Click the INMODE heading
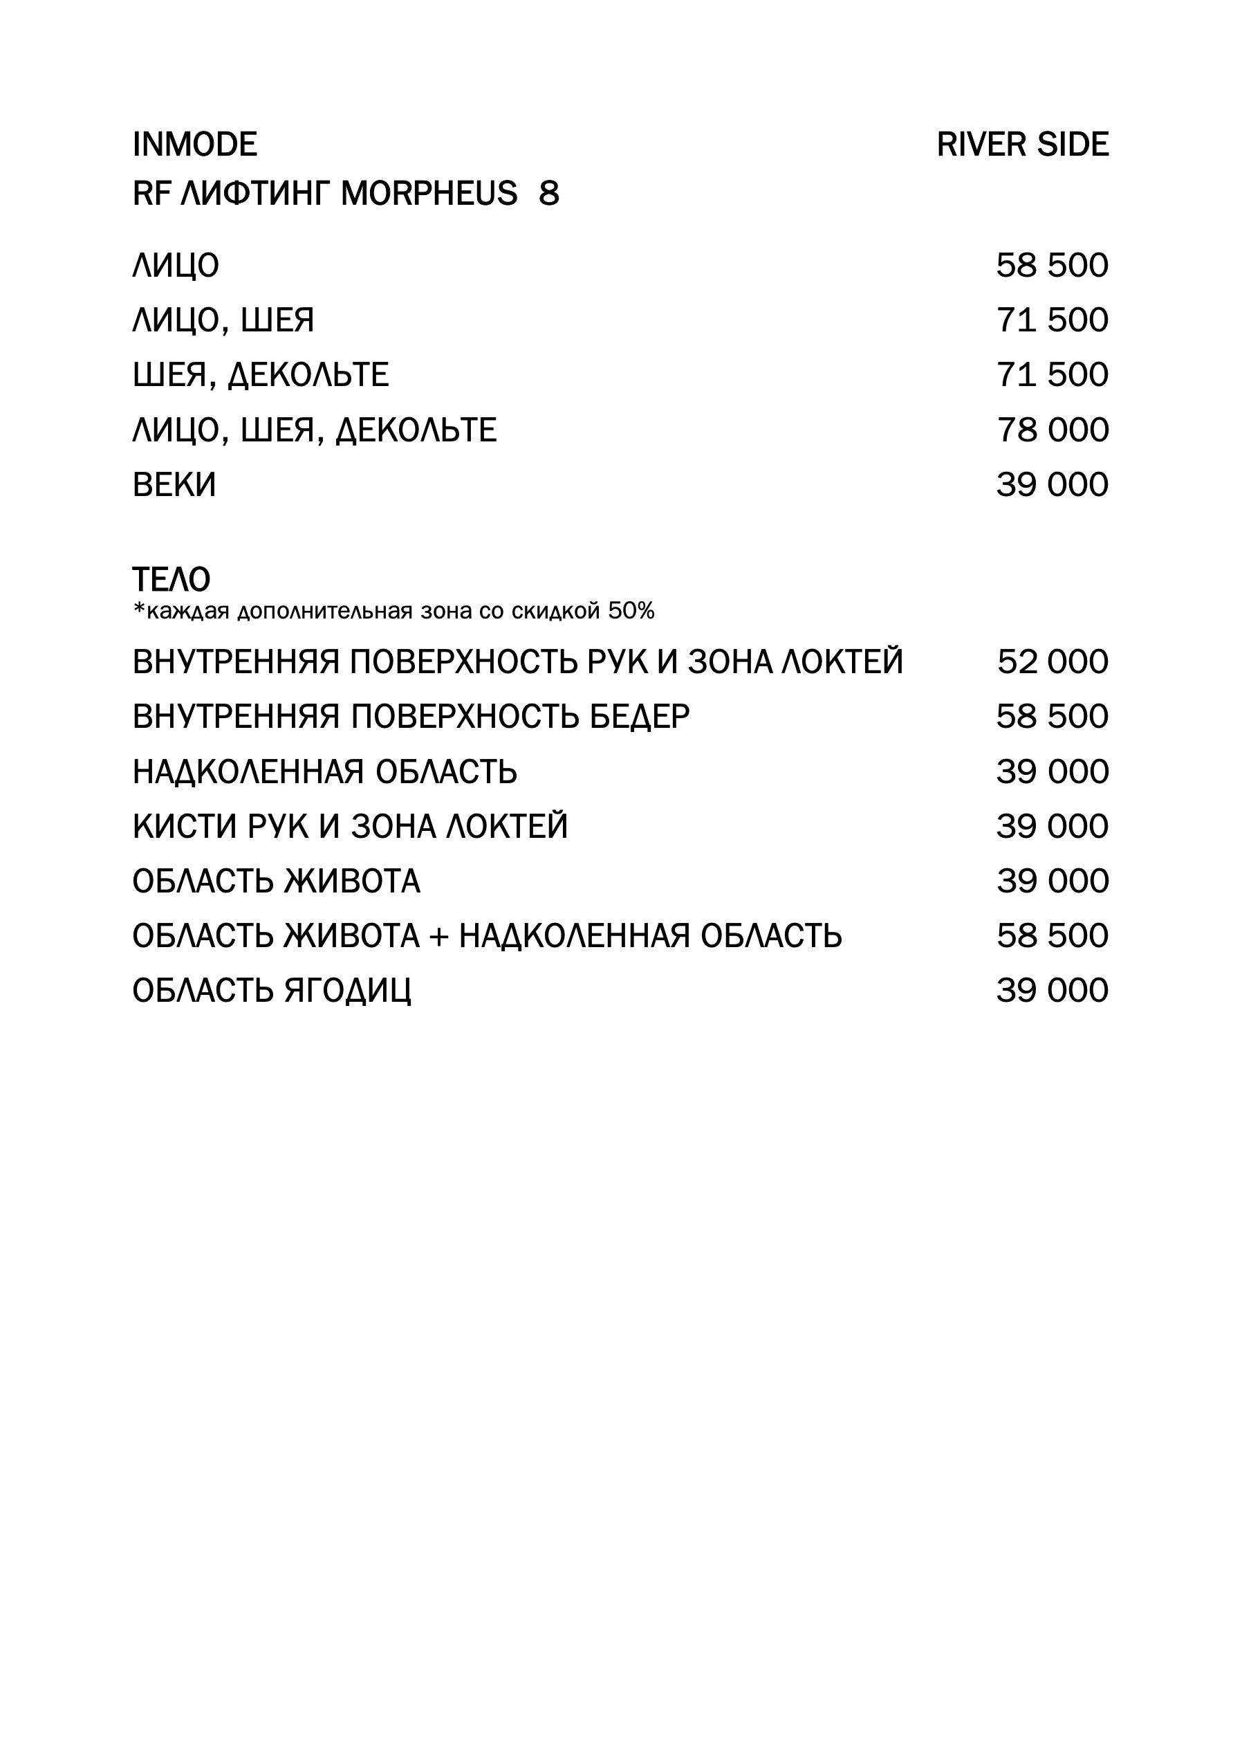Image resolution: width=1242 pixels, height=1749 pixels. pyautogui.click(x=194, y=145)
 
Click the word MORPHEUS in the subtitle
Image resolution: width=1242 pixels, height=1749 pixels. pyautogui.click(x=428, y=194)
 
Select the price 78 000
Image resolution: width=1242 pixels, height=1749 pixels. pyautogui.click(x=1052, y=430)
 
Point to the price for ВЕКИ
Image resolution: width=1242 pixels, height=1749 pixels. pyautogui.click(x=1052, y=485)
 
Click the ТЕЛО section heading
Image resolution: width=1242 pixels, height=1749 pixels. pyautogui.click(x=172, y=580)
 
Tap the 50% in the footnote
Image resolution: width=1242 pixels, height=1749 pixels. pyautogui.click(x=631, y=612)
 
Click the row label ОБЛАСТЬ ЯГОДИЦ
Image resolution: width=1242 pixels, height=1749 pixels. pyautogui.click(x=272, y=991)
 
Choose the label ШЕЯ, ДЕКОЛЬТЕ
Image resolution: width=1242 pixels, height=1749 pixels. pyautogui.click(x=260, y=375)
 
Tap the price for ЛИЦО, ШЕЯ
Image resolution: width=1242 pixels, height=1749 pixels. pyautogui.click(x=1052, y=320)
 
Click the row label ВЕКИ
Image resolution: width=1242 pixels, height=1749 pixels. pyautogui.click(x=174, y=485)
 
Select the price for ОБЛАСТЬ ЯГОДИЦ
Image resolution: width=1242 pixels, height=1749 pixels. pyautogui.click(x=1052, y=991)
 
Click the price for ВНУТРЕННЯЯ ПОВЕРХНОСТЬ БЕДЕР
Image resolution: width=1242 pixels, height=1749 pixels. pyautogui.click(x=1052, y=717)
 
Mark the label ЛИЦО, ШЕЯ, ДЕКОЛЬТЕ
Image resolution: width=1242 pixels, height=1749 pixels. pyautogui.click(x=315, y=430)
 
